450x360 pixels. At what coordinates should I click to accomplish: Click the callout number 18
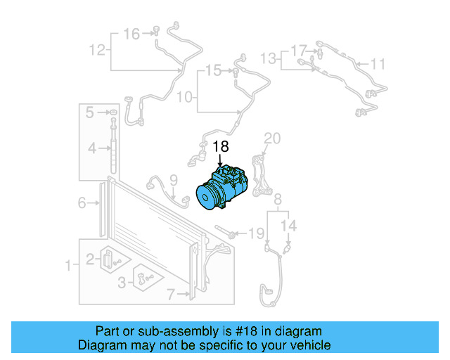221,147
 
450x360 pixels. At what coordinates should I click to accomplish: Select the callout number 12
97,50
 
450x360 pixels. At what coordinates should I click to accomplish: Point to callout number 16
131,33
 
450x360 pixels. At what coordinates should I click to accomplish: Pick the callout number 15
213,70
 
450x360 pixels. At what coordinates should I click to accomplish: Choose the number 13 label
269,56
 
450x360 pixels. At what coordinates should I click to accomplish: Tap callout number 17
300,51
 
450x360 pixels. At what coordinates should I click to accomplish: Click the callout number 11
378,65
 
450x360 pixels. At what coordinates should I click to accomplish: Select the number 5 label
90,112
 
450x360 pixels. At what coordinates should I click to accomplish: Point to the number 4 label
91,148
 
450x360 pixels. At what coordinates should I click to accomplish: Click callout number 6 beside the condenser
82,203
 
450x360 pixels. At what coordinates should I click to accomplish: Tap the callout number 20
272,137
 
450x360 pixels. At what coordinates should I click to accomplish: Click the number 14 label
291,226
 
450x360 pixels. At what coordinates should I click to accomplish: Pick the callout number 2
89,259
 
